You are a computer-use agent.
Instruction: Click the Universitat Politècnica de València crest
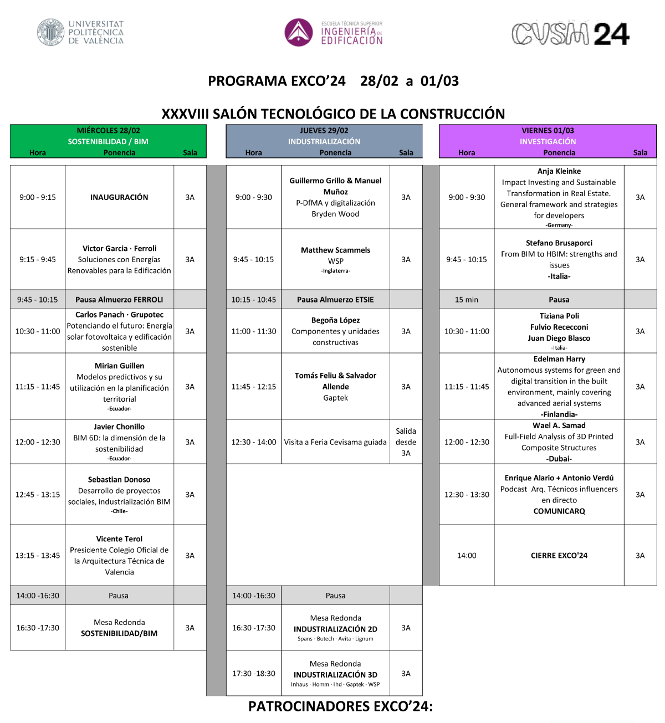tap(50, 32)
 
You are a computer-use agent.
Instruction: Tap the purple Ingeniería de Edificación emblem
tap(299, 32)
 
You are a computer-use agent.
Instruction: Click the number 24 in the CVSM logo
tap(611, 34)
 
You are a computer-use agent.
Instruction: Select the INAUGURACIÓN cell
tap(119, 197)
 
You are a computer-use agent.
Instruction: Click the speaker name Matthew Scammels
tap(335, 250)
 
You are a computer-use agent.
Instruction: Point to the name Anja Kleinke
tap(559, 171)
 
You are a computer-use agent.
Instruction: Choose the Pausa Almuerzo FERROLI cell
tap(119, 299)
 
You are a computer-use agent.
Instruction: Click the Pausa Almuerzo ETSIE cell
tap(335, 299)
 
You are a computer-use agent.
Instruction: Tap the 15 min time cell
tap(467, 299)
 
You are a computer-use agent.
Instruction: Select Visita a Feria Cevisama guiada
tap(335, 442)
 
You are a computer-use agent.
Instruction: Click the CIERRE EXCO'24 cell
tap(559, 555)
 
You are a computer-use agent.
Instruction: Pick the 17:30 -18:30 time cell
tap(254, 673)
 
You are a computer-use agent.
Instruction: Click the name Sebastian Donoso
tap(119, 479)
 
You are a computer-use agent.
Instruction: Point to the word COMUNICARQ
tap(559, 511)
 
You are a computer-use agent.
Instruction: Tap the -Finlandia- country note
tap(559, 414)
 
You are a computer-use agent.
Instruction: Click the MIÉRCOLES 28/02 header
tap(109, 131)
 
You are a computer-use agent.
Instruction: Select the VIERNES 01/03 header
tap(548, 131)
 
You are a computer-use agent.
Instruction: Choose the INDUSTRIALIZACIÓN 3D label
tap(335, 675)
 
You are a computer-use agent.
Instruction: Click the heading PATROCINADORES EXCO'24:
tap(340, 706)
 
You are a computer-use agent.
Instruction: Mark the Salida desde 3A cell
tap(406, 442)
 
